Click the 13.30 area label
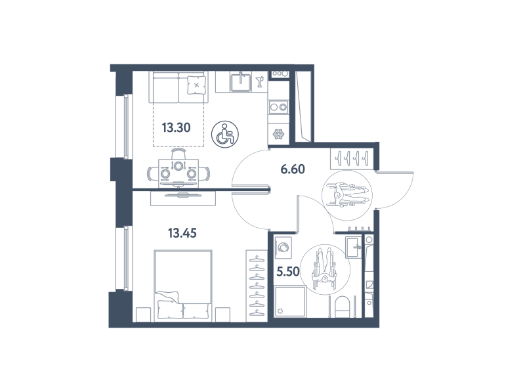[x=176, y=127]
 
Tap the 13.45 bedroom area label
[x=182, y=233]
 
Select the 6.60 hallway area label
[x=293, y=169]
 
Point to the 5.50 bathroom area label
[x=288, y=271]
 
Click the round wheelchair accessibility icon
[x=224, y=134]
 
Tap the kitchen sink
[x=241, y=82]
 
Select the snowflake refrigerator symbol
[x=278, y=135]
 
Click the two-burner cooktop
[x=278, y=107]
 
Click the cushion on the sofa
[x=196, y=85]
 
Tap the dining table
[x=178, y=172]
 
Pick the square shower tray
[x=290, y=301]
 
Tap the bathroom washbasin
[x=354, y=247]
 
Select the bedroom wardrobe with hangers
[x=257, y=286]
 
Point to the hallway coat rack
[x=351, y=158]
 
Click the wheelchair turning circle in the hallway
[x=347, y=195]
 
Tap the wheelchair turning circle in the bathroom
[x=325, y=270]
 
